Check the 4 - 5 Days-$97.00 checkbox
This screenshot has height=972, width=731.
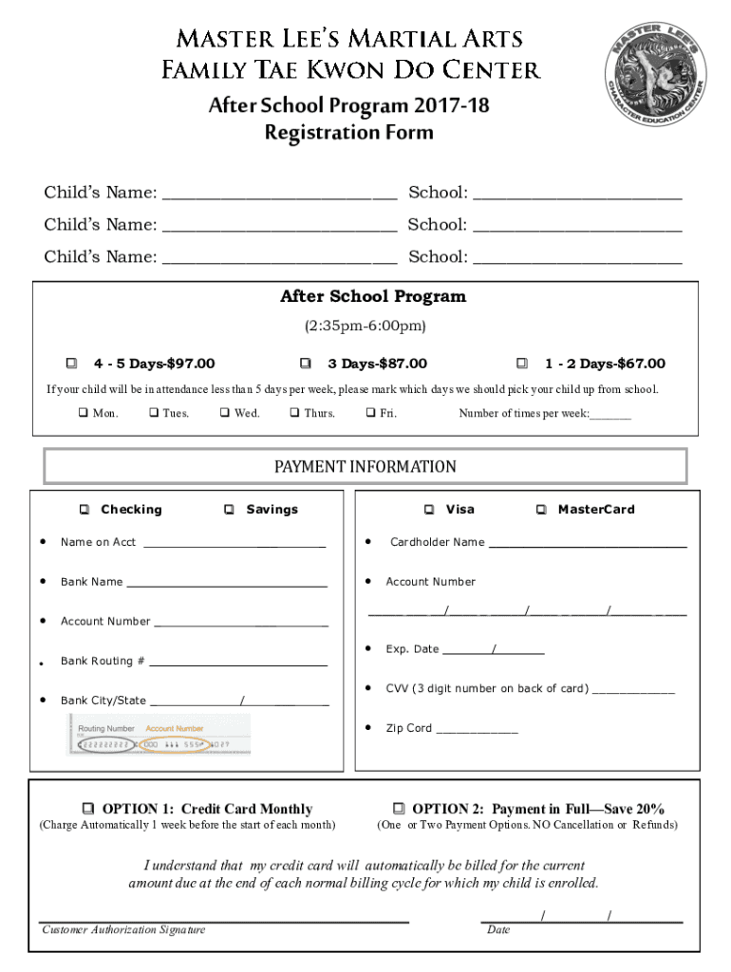(x=71, y=364)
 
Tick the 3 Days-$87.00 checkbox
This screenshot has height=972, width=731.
(x=305, y=364)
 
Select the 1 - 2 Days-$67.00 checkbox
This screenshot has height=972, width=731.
(x=521, y=364)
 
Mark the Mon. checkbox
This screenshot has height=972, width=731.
(x=83, y=413)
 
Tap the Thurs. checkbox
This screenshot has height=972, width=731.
(x=295, y=413)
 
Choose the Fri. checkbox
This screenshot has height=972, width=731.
(x=370, y=413)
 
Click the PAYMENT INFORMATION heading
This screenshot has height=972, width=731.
(x=365, y=467)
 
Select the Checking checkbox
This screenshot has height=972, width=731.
(x=84, y=510)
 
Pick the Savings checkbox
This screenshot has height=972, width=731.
(x=230, y=510)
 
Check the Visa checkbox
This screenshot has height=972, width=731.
(x=430, y=510)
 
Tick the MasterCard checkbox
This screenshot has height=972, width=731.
(x=541, y=510)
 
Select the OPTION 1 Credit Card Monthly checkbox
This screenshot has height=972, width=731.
(x=88, y=809)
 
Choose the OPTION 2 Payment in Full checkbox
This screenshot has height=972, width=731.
(x=399, y=809)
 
